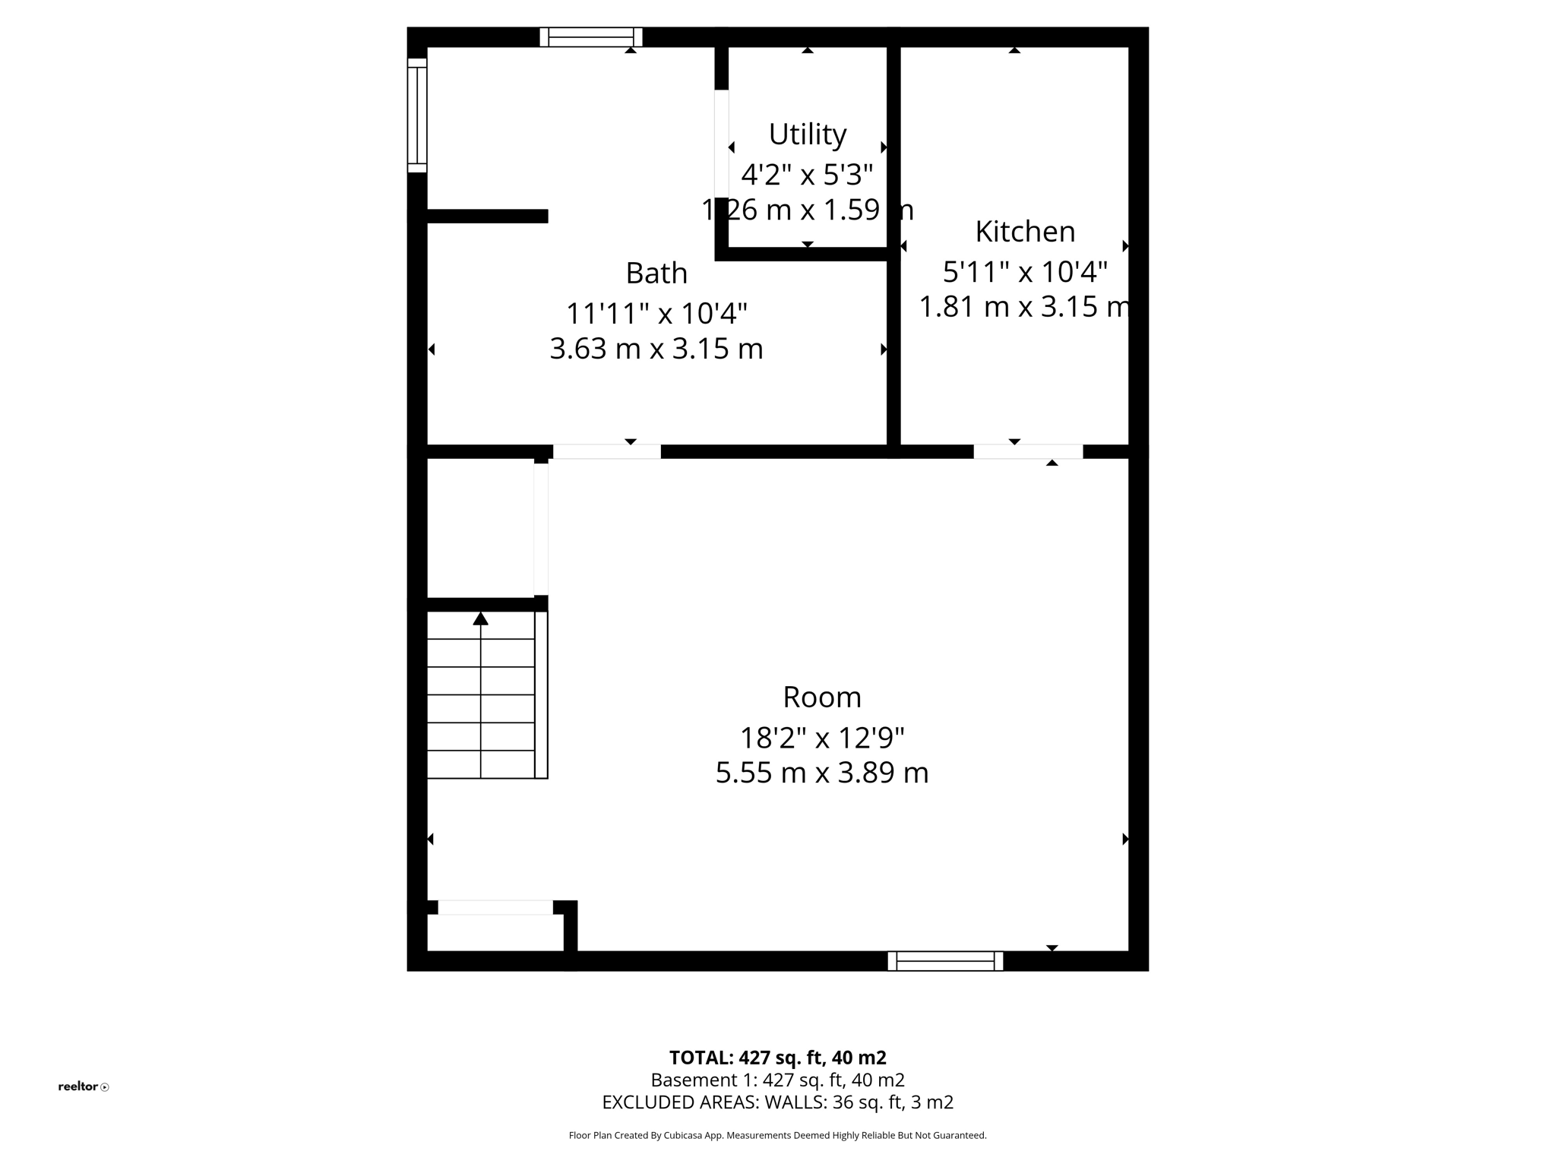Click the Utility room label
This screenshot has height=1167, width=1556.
pyautogui.click(x=807, y=134)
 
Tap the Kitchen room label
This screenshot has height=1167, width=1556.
pyautogui.click(x=1025, y=232)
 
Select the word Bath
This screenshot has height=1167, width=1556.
pyautogui.click(x=656, y=274)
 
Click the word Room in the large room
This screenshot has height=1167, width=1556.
pyautogui.click(x=822, y=697)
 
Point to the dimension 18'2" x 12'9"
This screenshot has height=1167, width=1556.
pyautogui.click(x=822, y=738)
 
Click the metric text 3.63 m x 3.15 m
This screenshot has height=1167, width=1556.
pyautogui.click(x=656, y=349)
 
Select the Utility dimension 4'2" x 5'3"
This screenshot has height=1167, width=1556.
pyautogui.click(x=807, y=176)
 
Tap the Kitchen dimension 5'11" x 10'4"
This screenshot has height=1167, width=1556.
pyautogui.click(x=1025, y=271)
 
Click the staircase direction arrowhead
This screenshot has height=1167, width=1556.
pyautogui.click(x=480, y=619)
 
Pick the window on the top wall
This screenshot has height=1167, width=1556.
pyautogui.click(x=591, y=37)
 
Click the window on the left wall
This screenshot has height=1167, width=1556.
pyautogui.click(x=417, y=115)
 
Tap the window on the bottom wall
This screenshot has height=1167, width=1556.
pyautogui.click(x=945, y=961)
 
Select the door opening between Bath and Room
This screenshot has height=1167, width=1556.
pyautogui.click(x=606, y=451)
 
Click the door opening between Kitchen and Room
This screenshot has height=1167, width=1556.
pyautogui.click(x=1028, y=451)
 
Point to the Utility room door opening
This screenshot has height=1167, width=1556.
pyautogui.click(x=722, y=144)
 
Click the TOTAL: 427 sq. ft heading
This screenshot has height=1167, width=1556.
pyautogui.click(x=777, y=1058)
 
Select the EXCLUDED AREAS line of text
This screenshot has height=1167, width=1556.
pyautogui.click(x=777, y=1102)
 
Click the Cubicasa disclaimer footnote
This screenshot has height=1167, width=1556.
pyautogui.click(x=777, y=1136)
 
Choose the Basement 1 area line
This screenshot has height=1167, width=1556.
pyautogui.click(x=777, y=1080)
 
